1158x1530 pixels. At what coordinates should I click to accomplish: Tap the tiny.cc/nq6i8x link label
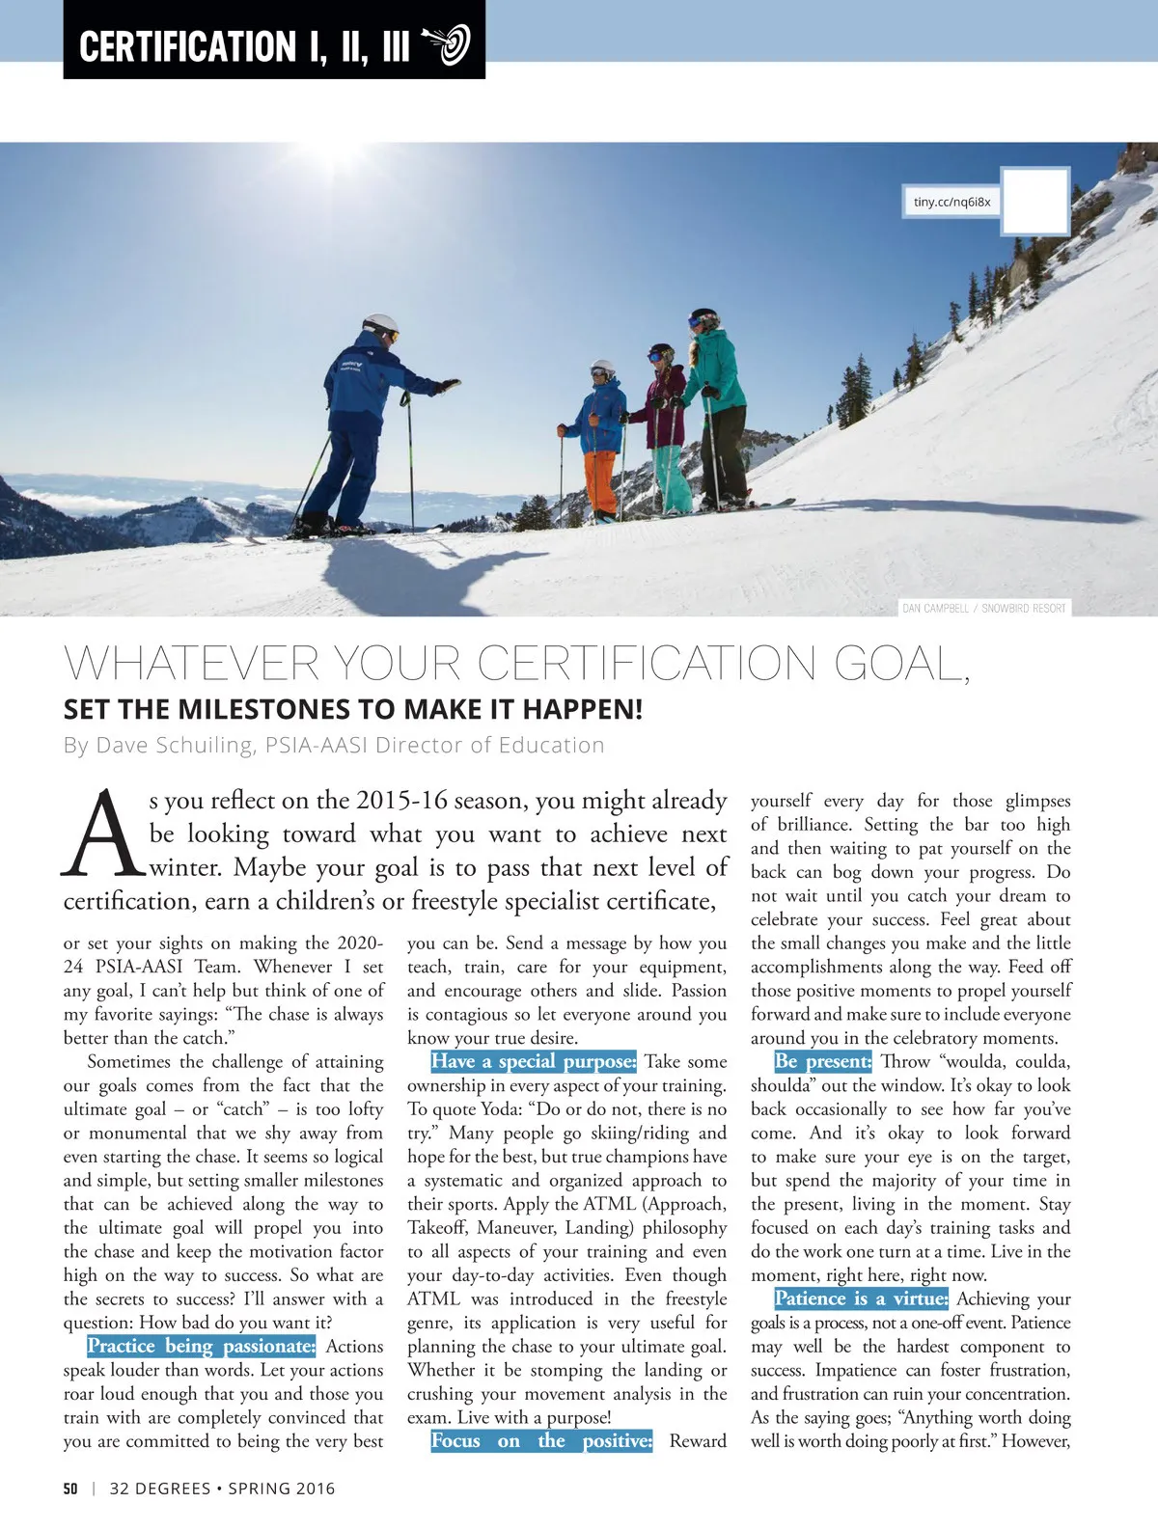[x=951, y=202]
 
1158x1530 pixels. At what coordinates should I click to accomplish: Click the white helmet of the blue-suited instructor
[x=379, y=325]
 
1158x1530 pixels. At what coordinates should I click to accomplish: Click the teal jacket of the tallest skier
[x=717, y=371]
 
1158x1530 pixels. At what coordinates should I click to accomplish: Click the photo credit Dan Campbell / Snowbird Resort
[x=984, y=608]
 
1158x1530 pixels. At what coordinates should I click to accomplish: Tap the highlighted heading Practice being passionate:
[x=201, y=1346]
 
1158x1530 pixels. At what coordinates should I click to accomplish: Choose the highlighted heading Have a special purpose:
[x=533, y=1061]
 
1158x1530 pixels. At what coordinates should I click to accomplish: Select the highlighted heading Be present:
[x=823, y=1061]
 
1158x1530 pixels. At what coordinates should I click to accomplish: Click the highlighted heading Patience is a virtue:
[x=861, y=1298]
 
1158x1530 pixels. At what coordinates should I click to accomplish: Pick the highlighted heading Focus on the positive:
[x=541, y=1440]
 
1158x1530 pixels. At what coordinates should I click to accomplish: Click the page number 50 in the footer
[x=70, y=1488]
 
